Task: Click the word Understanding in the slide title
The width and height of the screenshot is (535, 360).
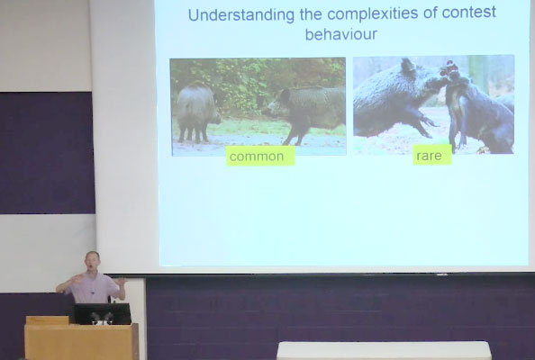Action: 240,15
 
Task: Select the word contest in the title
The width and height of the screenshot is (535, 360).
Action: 469,13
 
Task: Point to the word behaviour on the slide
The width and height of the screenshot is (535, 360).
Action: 341,34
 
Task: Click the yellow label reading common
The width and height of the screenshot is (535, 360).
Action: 260,156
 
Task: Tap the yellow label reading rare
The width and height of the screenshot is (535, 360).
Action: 432,155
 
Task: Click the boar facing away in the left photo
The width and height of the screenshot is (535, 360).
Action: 198,112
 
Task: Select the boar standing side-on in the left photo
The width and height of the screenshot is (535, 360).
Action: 307,112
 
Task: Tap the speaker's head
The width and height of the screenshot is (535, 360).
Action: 92,261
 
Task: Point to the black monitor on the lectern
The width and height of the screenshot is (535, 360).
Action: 103,313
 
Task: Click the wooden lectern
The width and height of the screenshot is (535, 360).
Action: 81,339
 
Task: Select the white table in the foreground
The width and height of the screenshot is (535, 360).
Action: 384,350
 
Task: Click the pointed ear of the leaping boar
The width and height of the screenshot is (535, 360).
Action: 407,65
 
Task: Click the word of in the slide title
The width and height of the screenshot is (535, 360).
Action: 430,13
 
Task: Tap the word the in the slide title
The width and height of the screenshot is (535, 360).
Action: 311,14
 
